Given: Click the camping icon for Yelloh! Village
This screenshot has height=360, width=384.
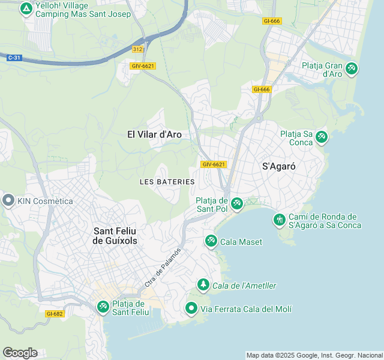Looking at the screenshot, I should tap(26, 9).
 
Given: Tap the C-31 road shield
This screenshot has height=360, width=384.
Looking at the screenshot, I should tap(14, 58).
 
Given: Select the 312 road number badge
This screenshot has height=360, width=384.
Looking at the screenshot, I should tap(138, 49).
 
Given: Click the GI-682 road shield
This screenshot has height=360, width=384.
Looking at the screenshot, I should tap(54, 313).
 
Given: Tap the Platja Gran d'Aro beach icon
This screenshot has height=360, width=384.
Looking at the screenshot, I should tap(351, 69).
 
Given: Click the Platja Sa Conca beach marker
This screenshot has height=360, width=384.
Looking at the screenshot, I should tap(322, 137).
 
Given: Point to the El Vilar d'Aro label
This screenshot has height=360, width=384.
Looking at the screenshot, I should tap(154, 134).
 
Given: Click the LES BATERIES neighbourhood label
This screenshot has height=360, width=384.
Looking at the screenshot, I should tap(167, 181).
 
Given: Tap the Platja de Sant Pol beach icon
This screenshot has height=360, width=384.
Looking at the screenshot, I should tap(236, 204).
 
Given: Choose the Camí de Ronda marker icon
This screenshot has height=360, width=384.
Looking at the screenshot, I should tap(279, 220).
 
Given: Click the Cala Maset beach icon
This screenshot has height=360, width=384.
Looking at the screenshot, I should tap(211, 241).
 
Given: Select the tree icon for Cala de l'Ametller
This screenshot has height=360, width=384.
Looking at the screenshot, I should tap(203, 284).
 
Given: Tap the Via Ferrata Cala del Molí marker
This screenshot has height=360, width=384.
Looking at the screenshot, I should tap(191, 308).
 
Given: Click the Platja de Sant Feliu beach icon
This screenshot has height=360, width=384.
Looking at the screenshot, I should tap(103, 307).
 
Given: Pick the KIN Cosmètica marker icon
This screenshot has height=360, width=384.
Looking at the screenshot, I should tap(8, 201).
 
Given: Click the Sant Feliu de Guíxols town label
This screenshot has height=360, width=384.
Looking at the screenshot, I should tap(115, 235).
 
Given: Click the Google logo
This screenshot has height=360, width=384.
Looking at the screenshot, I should tap(20, 352).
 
